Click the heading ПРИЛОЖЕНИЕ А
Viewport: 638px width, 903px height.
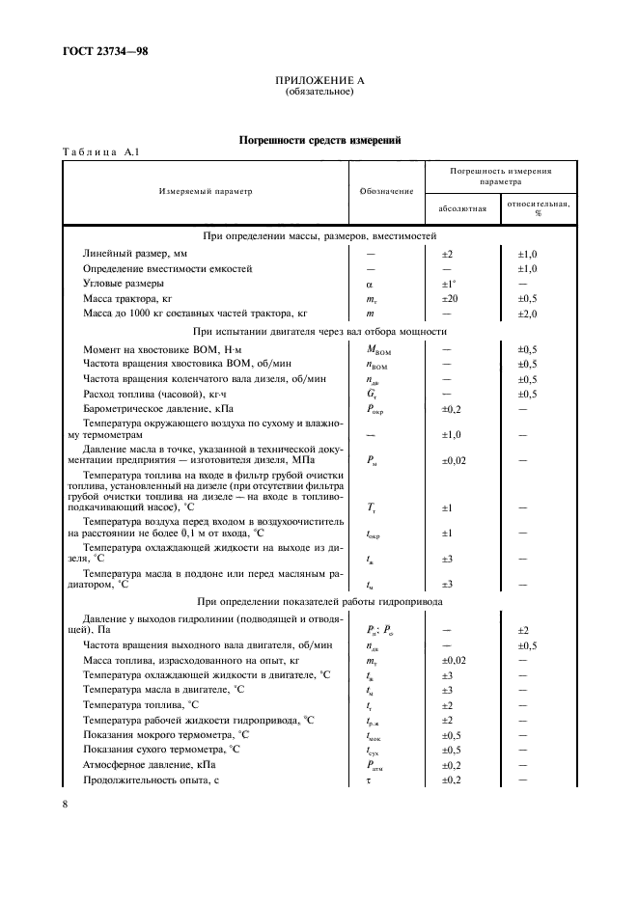coord(319,83)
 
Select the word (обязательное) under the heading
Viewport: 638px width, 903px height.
coord(319,94)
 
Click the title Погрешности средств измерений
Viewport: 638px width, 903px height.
coord(319,141)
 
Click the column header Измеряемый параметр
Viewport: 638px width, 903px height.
coord(205,191)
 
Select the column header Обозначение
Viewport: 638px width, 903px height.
coord(386,191)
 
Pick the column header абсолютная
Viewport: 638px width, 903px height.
coord(460,208)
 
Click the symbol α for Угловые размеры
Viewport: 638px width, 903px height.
coord(369,285)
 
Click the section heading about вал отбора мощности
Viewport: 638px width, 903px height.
coord(319,331)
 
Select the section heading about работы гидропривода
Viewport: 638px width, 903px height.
coord(319,600)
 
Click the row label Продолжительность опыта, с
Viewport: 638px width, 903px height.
coord(145,779)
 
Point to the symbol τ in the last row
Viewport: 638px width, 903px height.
coord(369,780)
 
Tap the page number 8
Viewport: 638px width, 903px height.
coord(66,803)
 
